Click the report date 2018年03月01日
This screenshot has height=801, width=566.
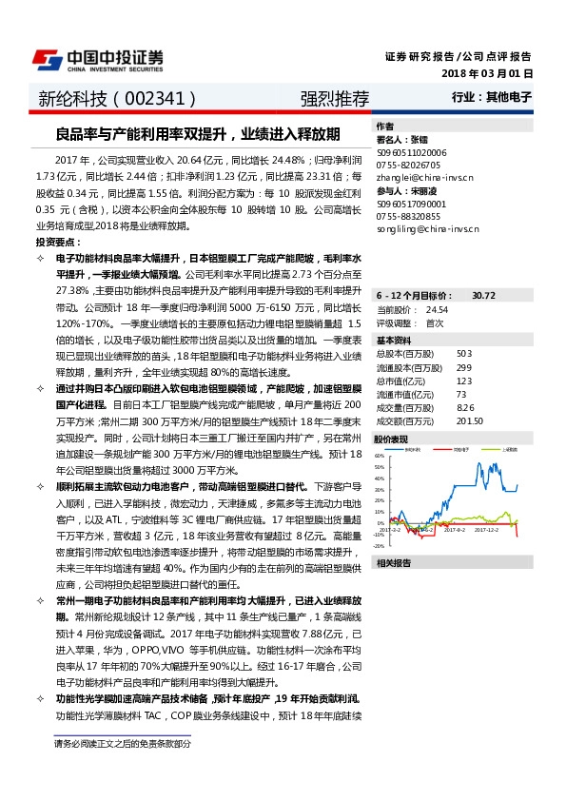point(487,73)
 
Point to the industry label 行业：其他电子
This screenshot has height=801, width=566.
point(492,98)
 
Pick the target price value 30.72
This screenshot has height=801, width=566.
point(484,296)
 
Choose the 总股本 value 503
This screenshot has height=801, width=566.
point(464,353)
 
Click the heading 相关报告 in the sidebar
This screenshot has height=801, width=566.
point(393,564)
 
